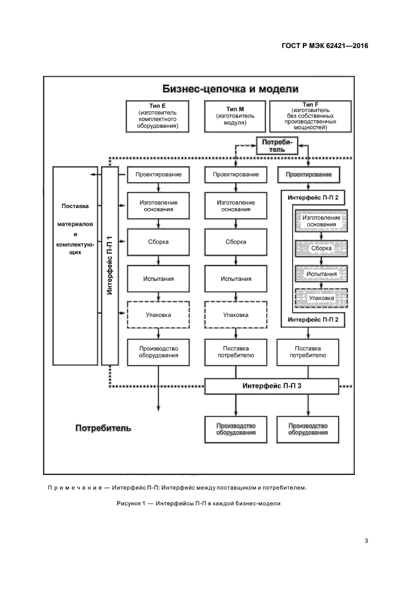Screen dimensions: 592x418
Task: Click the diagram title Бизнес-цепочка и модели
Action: click(230, 89)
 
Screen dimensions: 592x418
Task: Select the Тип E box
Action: click(156, 115)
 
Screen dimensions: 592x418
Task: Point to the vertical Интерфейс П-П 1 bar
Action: click(109, 266)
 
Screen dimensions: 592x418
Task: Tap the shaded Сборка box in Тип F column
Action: click(321, 249)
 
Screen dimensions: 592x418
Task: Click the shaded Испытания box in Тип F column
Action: click(321, 274)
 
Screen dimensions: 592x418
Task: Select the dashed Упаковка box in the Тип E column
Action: click(158, 314)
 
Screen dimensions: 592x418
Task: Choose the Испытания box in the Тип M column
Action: click(236, 278)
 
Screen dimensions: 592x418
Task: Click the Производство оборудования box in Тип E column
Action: click(158, 352)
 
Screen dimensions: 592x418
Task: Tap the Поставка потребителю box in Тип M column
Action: click(236, 352)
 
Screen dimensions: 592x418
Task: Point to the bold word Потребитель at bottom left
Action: click(103, 428)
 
